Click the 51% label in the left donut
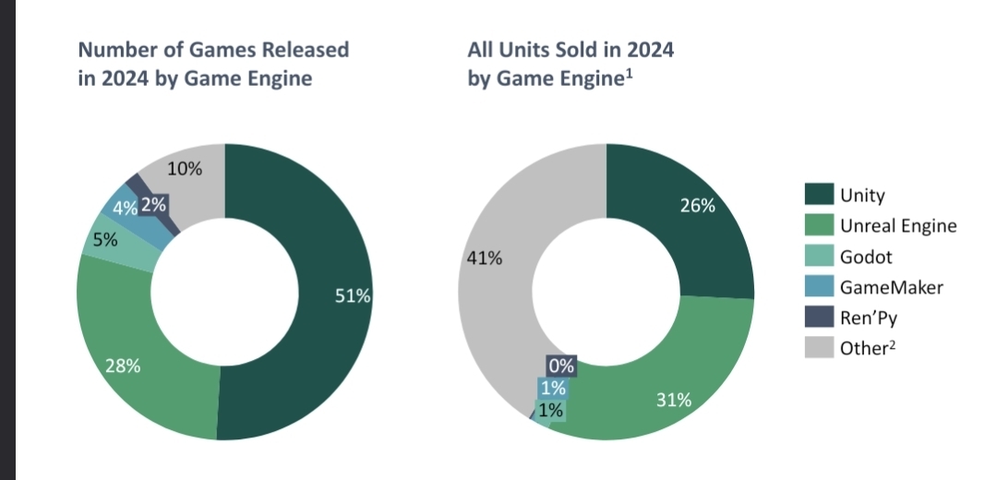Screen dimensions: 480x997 click(352, 296)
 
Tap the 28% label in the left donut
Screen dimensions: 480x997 click(122, 366)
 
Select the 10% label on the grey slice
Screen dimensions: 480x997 click(183, 169)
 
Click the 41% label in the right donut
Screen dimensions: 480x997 click(483, 258)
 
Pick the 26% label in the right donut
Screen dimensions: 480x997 click(697, 206)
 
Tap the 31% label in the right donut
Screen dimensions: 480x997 click(674, 400)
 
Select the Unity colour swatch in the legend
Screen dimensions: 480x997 click(817, 196)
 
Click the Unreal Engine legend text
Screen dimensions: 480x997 click(898, 226)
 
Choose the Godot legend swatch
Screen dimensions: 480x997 click(817, 257)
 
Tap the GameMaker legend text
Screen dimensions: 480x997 click(892, 287)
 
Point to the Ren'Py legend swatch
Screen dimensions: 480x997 click(817, 318)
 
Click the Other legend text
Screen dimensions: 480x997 click(867, 348)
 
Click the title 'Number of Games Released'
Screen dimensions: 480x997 click(213, 50)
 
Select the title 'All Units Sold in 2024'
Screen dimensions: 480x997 click(571, 50)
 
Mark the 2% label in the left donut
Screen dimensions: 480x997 click(153, 206)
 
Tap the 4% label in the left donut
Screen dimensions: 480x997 click(125, 209)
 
